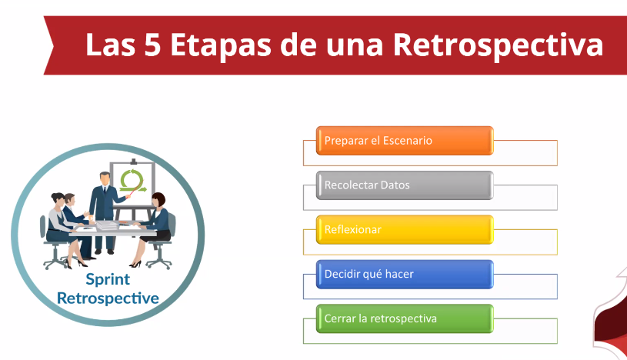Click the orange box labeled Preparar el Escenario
point(405,141)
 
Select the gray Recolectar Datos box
point(405,185)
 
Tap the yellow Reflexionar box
point(405,229)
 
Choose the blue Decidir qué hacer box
point(405,275)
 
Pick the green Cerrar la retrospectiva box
point(405,318)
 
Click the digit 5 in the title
point(152,45)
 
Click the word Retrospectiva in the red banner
point(498,45)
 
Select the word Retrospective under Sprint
point(108,298)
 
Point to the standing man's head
point(105,178)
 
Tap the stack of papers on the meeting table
point(107,225)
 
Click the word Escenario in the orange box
point(407,141)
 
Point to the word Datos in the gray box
point(395,185)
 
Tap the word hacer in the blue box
point(399,274)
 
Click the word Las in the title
point(110,45)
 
